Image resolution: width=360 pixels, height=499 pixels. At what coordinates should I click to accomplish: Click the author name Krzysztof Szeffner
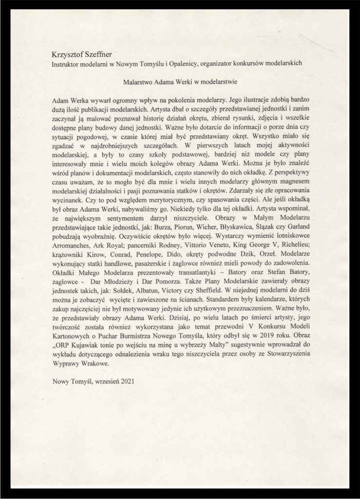[84, 54]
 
